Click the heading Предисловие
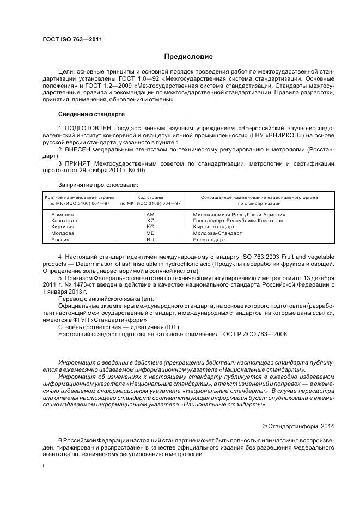tap(188, 57)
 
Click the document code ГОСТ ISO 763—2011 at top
tap(72, 39)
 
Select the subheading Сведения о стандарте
tap(91, 114)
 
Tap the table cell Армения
tap(62, 214)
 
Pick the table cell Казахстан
tap(64, 221)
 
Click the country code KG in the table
tap(151, 227)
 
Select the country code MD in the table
tap(151, 233)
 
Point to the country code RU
tap(151, 239)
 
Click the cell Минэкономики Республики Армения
tap(239, 214)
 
